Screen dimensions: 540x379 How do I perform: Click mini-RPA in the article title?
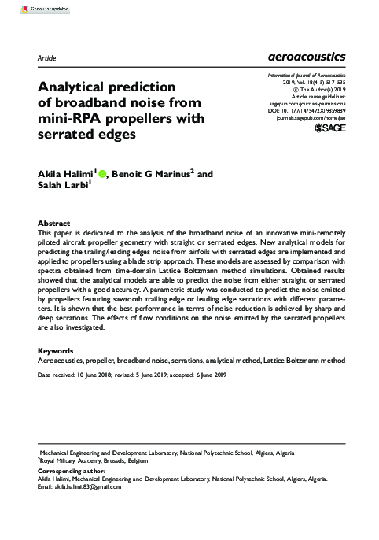68,118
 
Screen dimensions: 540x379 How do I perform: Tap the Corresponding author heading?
69,470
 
